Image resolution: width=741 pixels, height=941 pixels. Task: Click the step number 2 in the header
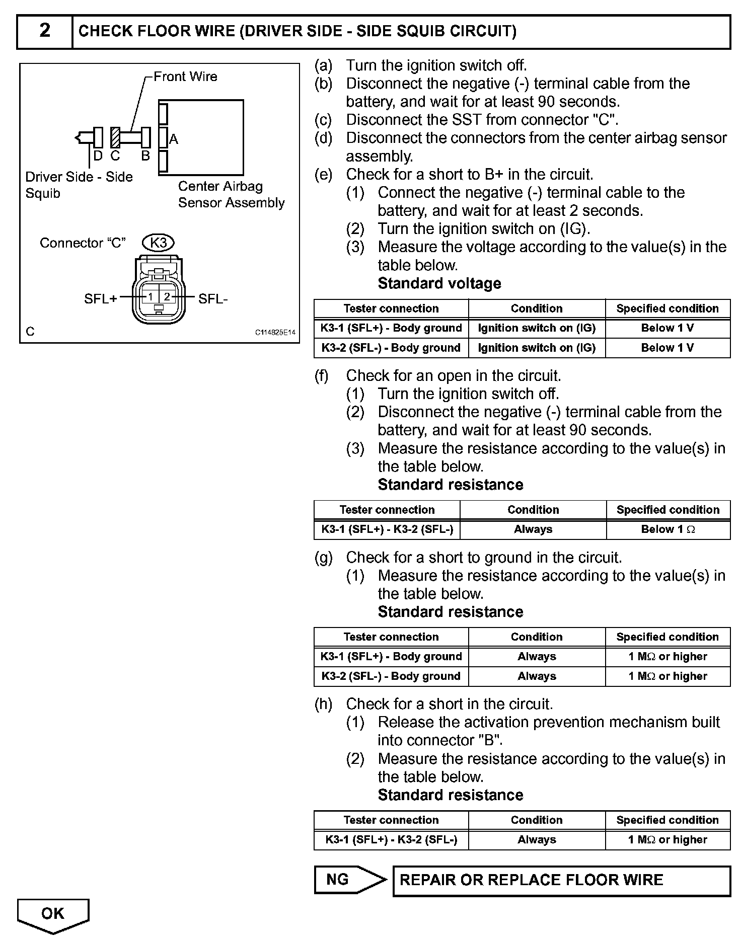45,31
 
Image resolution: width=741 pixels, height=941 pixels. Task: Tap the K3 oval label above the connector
159,243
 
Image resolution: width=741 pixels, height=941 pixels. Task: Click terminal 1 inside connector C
151,297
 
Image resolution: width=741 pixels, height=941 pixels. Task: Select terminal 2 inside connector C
167,297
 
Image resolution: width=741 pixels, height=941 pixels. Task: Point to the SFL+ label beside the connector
100,299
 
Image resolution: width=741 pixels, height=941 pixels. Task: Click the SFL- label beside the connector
213,299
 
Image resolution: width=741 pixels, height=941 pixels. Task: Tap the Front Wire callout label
185,76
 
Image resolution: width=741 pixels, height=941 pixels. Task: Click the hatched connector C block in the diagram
115,137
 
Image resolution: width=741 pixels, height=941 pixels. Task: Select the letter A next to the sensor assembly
174,139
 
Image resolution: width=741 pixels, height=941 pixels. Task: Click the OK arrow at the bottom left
53,913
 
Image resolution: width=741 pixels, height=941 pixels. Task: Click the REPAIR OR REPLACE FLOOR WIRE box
561,880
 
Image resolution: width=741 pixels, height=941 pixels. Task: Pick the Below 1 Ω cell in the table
668,529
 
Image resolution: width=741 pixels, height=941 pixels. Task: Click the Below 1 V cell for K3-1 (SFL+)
668,328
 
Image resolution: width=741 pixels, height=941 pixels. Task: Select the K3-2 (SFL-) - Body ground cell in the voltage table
391,348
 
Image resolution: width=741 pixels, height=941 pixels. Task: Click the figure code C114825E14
275,333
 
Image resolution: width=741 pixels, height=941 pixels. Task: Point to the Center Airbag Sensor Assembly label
231,194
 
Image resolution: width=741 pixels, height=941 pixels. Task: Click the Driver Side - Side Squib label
79,185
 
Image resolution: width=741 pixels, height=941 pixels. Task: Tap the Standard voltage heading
439,283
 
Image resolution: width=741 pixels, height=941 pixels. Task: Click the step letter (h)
323,704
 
